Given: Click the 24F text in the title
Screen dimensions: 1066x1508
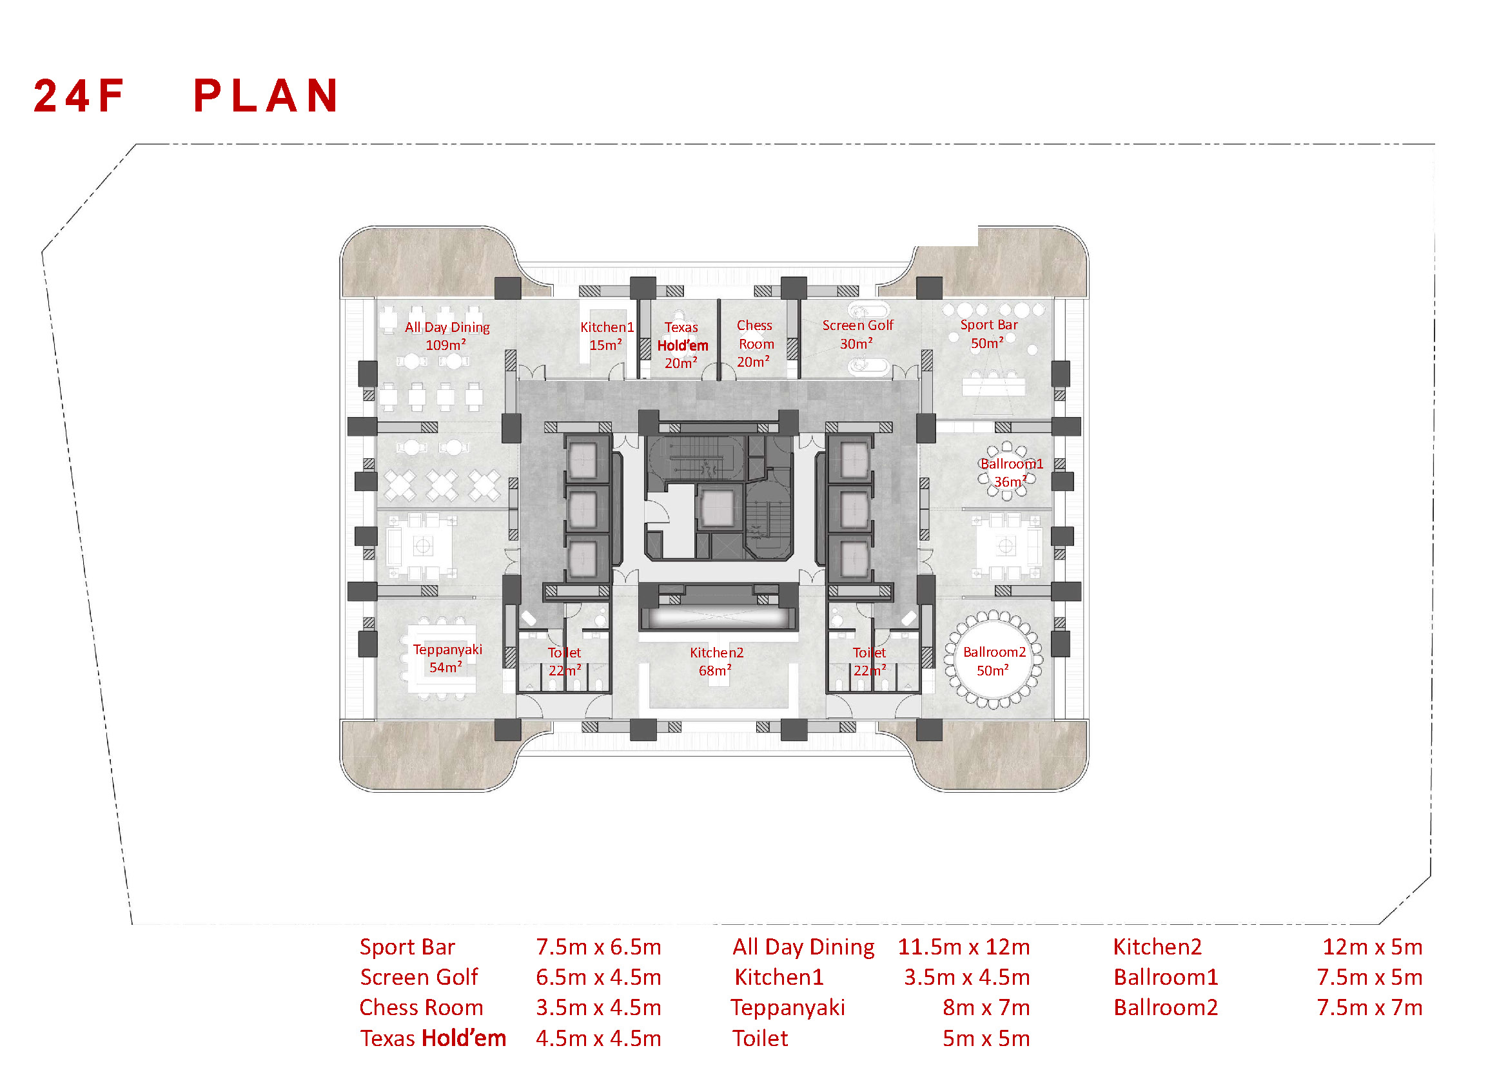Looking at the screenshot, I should click(78, 96).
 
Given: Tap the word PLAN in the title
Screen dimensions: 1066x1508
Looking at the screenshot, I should click(266, 96).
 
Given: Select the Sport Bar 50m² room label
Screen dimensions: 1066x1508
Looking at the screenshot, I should click(988, 333).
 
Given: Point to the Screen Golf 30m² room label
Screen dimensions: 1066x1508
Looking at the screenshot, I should click(857, 334).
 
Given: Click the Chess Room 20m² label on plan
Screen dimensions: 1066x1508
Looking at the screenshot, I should click(755, 344).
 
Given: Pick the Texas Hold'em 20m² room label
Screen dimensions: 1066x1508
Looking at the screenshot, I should click(681, 345).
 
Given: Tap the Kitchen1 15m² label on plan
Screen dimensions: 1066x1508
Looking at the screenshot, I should click(607, 335).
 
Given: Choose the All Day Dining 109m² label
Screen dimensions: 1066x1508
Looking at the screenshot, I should click(447, 335).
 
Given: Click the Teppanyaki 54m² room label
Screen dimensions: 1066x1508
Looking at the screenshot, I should click(447, 659).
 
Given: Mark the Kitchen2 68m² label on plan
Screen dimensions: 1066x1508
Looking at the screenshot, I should click(716, 661).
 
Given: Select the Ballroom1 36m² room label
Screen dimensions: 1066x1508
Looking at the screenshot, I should click(1011, 472).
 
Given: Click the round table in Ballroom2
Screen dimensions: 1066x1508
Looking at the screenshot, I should click(993, 661).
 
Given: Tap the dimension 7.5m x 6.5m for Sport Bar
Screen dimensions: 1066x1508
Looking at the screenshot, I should click(598, 947).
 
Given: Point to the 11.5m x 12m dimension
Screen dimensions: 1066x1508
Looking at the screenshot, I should click(963, 947).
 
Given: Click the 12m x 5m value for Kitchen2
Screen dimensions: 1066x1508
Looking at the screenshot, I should click(1372, 947).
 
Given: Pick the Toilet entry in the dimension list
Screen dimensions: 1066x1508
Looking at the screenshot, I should click(760, 1038).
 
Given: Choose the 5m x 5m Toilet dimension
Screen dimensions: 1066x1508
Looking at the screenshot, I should click(986, 1038).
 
